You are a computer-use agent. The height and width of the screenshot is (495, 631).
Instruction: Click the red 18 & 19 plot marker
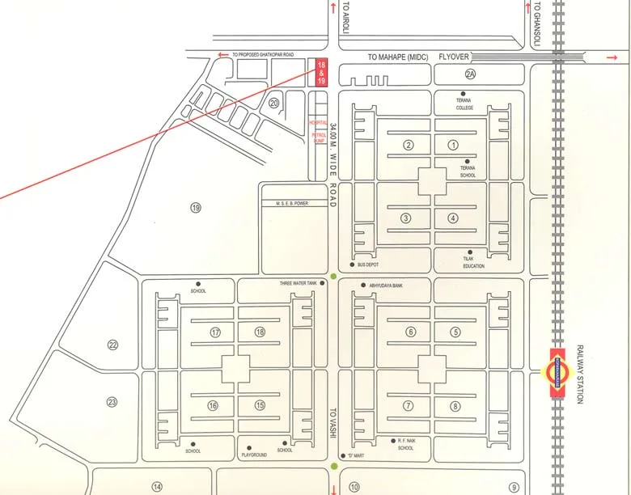click(x=321, y=72)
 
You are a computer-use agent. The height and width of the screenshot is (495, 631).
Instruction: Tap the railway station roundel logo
click(x=556, y=373)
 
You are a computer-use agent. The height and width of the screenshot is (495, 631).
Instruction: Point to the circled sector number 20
click(x=274, y=103)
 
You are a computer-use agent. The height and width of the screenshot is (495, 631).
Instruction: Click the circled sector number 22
click(x=112, y=345)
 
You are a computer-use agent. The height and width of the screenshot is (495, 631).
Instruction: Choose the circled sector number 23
click(x=112, y=402)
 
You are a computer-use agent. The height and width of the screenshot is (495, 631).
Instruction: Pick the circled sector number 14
click(x=157, y=487)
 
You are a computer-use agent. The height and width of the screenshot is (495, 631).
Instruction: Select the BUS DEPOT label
click(x=368, y=265)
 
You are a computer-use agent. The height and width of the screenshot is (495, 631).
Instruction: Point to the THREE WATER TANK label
click(x=299, y=284)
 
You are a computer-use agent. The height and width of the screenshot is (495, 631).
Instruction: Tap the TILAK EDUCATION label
click(x=473, y=262)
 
